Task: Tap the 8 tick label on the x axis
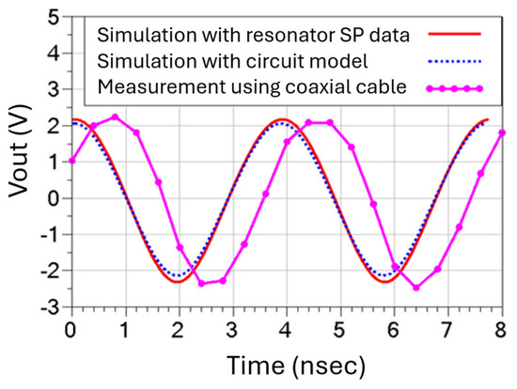pyautogui.click(x=503, y=328)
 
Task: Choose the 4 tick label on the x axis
pyautogui.click(x=286, y=328)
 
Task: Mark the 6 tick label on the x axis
pyautogui.click(x=394, y=328)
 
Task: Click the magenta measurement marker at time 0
pyautogui.click(x=70, y=161)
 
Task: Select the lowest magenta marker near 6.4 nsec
pyautogui.click(x=416, y=288)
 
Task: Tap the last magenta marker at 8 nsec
pyautogui.click(x=503, y=132)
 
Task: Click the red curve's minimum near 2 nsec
pyautogui.click(x=179, y=281)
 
